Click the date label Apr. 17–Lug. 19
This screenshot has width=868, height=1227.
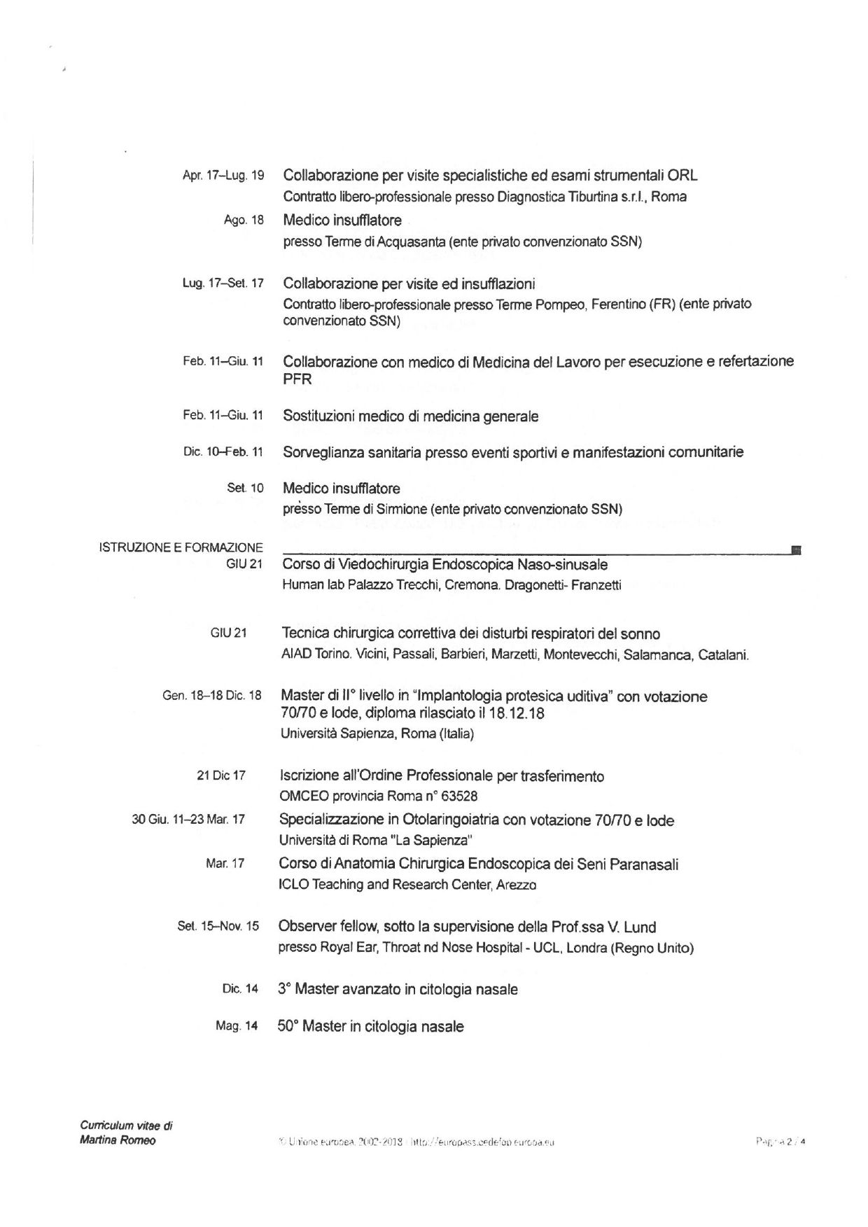point(223,176)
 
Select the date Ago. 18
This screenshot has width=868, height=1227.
point(244,220)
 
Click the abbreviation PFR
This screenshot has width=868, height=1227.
point(297,380)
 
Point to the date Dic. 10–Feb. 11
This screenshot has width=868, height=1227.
point(223,452)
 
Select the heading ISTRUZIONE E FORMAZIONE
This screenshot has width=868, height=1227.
point(181,547)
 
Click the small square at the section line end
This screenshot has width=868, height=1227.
point(796,550)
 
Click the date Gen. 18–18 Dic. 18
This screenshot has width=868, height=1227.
point(212,696)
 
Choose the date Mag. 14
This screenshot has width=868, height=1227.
point(237,1026)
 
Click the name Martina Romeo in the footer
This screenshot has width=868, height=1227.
point(118,1141)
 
